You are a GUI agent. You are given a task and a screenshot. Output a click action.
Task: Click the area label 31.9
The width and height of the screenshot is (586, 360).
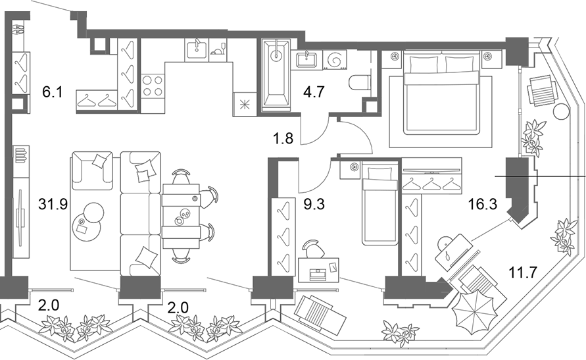click(x=53, y=204)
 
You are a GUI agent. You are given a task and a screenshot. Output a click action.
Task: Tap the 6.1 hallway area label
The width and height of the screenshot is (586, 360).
click(x=52, y=91)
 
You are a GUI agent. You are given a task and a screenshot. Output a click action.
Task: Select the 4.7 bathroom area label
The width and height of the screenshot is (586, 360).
click(x=313, y=91)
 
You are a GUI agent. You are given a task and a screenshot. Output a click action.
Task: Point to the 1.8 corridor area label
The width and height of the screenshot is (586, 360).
click(x=283, y=138)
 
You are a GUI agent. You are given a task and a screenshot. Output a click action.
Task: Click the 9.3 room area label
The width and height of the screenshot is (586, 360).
click(x=314, y=204)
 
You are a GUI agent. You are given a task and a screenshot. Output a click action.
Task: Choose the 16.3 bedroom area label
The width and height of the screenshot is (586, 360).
click(x=483, y=204)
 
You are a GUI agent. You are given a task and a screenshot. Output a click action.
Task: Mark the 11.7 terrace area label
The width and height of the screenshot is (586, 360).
click(x=524, y=272)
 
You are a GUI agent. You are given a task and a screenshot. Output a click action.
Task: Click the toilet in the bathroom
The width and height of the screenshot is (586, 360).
click(x=360, y=83)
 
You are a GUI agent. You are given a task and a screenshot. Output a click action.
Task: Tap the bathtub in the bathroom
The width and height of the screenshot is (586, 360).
click(x=276, y=75)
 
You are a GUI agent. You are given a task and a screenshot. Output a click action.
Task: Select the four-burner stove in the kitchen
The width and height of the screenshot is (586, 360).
click(x=153, y=86)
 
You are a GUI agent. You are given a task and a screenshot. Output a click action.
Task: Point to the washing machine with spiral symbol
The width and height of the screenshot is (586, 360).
click(x=334, y=60)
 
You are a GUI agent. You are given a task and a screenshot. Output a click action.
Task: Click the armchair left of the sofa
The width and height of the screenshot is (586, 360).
click(x=92, y=170)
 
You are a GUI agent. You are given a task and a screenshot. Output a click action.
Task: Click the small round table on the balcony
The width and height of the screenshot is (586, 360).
click(x=560, y=111)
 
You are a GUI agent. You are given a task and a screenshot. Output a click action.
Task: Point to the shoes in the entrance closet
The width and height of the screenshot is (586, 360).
click(x=18, y=30)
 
